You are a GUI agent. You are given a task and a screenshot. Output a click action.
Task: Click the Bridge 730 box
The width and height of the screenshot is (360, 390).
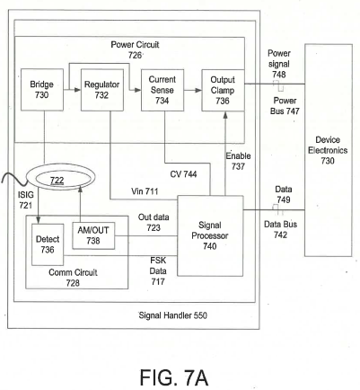(x=42, y=90)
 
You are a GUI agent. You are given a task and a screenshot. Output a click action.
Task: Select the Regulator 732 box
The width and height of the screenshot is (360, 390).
(x=102, y=90)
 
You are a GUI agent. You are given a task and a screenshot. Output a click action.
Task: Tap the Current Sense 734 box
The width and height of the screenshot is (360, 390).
(x=162, y=90)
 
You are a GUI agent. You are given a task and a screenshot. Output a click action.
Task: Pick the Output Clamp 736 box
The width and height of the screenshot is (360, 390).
(x=223, y=90)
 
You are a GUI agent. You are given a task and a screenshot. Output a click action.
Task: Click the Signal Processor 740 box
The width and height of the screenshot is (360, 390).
(x=210, y=235)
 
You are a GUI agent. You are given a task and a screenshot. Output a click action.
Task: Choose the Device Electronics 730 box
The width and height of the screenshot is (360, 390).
(x=329, y=150)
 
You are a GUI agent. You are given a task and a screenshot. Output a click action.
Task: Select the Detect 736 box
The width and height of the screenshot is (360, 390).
(x=48, y=244)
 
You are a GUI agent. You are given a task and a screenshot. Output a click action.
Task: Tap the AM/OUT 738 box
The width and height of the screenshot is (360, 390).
(x=93, y=235)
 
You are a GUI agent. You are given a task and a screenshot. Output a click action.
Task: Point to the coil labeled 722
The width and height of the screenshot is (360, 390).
(x=61, y=177)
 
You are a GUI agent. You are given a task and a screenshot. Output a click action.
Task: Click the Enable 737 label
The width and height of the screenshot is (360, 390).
(x=238, y=161)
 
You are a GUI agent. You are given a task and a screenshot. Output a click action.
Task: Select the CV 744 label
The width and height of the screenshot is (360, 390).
(x=183, y=174)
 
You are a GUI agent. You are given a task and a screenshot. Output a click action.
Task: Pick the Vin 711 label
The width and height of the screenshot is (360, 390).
(x=145, y=191)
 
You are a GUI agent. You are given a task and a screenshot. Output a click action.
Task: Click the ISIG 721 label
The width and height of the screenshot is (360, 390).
(x=26, y=199)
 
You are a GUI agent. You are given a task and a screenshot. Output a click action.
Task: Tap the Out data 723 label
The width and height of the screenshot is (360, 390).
(x=154, y=222)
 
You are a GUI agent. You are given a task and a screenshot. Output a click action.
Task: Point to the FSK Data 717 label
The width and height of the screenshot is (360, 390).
(x=158, y=270)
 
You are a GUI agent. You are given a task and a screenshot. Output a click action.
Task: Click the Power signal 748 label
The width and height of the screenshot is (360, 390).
(x=279, y=64)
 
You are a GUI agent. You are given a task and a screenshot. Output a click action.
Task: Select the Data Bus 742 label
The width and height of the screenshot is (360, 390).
(x=280, y=229)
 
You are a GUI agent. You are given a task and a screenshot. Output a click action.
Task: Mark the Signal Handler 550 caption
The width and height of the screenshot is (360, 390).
(x=173, y=315)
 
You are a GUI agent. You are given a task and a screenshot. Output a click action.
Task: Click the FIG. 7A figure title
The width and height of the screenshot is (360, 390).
(x=174, y=377)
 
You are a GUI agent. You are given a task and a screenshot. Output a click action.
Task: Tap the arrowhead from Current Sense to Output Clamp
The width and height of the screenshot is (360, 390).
(x=198, y=90)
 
